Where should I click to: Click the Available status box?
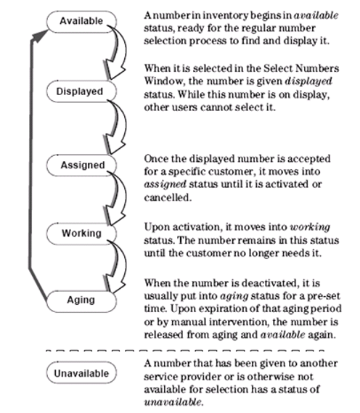pos(81,22)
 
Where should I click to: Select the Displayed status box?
pos(81,91)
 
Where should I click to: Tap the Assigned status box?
pos(81,165)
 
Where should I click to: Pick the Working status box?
pos(81,234)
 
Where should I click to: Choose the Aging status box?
pos(81,301)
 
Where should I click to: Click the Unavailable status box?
pos(81,373)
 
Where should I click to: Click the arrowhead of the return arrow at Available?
pos(39,36)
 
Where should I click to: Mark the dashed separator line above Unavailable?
pos(185,351)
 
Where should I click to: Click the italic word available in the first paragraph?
pos(316,15)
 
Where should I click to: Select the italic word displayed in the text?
pos(308,81)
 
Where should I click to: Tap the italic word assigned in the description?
pos(165,184)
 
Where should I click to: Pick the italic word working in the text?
pos(310,227)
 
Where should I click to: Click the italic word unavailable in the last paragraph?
pos(173,402)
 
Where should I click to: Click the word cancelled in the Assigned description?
pos(168,197)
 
